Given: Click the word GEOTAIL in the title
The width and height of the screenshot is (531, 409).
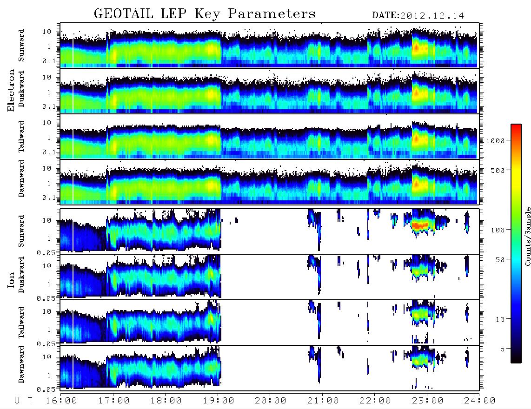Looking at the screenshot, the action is click(123, 14).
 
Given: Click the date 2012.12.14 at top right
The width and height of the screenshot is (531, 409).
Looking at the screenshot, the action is click(432, 16).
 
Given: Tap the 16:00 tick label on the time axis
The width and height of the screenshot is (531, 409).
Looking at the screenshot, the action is click(62, 401).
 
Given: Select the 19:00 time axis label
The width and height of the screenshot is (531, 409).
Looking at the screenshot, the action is click(219, 401).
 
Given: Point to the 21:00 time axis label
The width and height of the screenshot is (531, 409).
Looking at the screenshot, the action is click(323, 401).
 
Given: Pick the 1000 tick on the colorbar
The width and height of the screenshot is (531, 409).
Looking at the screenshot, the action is click(495, 141).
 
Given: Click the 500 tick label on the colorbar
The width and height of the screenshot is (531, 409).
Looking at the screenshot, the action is click(498, 170).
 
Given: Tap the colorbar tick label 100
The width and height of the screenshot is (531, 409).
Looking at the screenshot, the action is click(498, 230).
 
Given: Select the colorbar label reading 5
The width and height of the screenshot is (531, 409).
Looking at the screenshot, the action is click(503, 349).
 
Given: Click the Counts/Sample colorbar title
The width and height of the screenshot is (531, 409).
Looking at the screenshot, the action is click(527, 236).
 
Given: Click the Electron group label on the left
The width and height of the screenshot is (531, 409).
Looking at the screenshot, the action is click(11, 90).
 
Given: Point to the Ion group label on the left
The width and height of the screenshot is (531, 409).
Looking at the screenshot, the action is click(11, 280).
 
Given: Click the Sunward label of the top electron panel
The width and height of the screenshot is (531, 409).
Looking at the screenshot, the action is click(21, 46).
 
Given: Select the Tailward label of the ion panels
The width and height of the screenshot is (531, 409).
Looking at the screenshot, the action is click(21, 323).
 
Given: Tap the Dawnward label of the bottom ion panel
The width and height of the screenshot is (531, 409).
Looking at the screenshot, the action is click(21, 364).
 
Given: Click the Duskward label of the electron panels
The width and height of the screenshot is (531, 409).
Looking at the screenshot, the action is click(21, 89).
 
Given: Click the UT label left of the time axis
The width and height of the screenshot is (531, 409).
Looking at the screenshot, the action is click(23, 401).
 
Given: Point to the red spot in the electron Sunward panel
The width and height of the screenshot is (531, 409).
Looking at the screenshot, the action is click(416, 48).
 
